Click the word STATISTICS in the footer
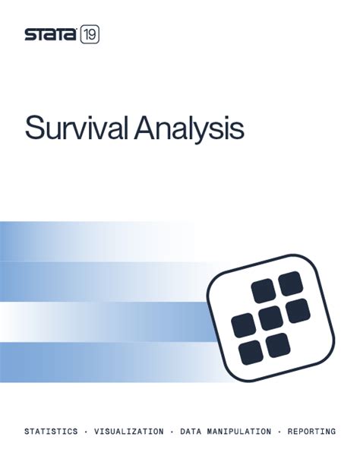pos(51,431)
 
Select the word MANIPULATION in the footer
pos(238,431)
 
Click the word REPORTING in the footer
pos(311,431)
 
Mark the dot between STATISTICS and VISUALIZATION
pos(86,431)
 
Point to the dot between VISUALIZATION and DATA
pos(172,431)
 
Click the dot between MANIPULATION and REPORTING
pos(279,431)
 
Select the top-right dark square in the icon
pos(289,284)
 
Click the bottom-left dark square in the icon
pos(250,351)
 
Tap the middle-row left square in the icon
pos(242,324)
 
